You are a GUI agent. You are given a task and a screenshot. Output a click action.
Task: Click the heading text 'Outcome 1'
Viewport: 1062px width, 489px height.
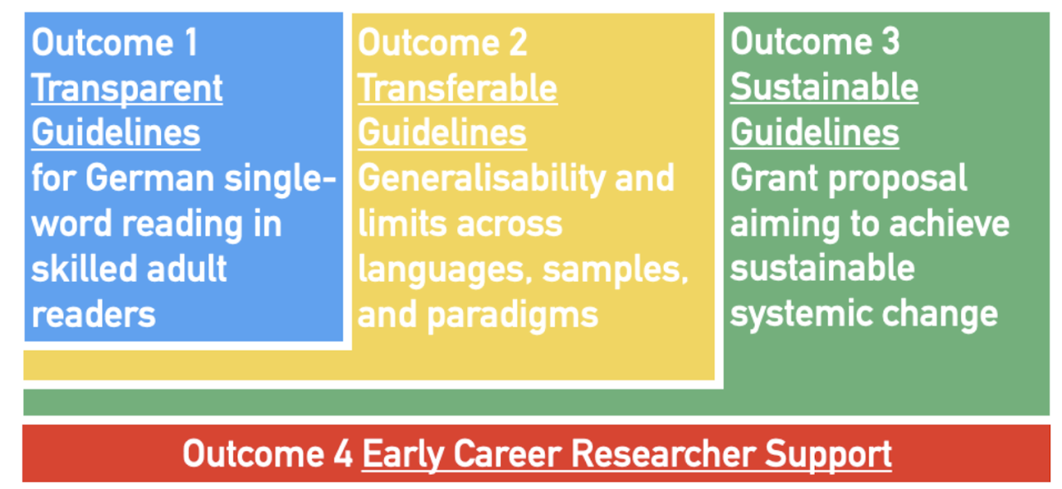click(114, 42)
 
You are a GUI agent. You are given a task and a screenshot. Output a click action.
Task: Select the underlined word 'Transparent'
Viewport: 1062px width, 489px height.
click(127, 88)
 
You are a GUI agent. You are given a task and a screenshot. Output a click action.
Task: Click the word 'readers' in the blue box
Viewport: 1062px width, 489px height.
click(94, 315)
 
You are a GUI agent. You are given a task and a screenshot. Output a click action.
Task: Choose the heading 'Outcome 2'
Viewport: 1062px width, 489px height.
click(442, 42)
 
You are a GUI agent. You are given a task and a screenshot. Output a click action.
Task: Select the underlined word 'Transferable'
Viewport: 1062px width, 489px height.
click(457, 88)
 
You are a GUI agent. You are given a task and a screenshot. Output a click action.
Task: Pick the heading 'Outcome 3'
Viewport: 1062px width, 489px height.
click(815, 41)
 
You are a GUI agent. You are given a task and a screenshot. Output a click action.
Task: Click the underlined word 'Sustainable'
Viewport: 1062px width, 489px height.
click(825, 87)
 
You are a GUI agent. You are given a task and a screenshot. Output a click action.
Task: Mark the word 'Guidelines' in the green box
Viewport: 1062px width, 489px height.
click(815, 133)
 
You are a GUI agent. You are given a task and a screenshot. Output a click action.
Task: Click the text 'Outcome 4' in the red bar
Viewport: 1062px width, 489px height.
click(268, 454)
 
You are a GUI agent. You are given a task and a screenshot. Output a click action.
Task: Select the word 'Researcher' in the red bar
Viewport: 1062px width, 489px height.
click(663, 454)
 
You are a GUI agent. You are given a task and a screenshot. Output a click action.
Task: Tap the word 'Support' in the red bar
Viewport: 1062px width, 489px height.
click(828, 456)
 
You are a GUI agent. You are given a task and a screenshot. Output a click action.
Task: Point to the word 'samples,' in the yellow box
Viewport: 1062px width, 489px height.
click(616, 270)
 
